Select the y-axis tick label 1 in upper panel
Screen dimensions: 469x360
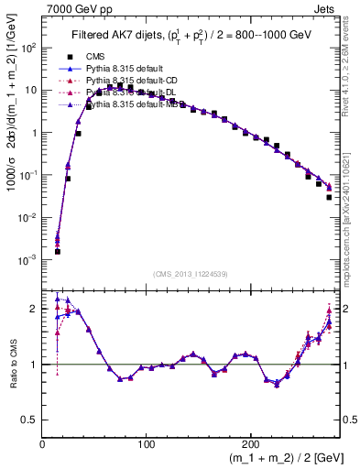[35, 133]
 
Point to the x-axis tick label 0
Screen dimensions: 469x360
[42, 443]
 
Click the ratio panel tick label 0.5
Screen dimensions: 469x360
[30, 419]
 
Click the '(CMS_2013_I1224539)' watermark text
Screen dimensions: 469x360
[190, 274]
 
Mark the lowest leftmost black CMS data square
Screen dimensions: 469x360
[57, 251]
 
